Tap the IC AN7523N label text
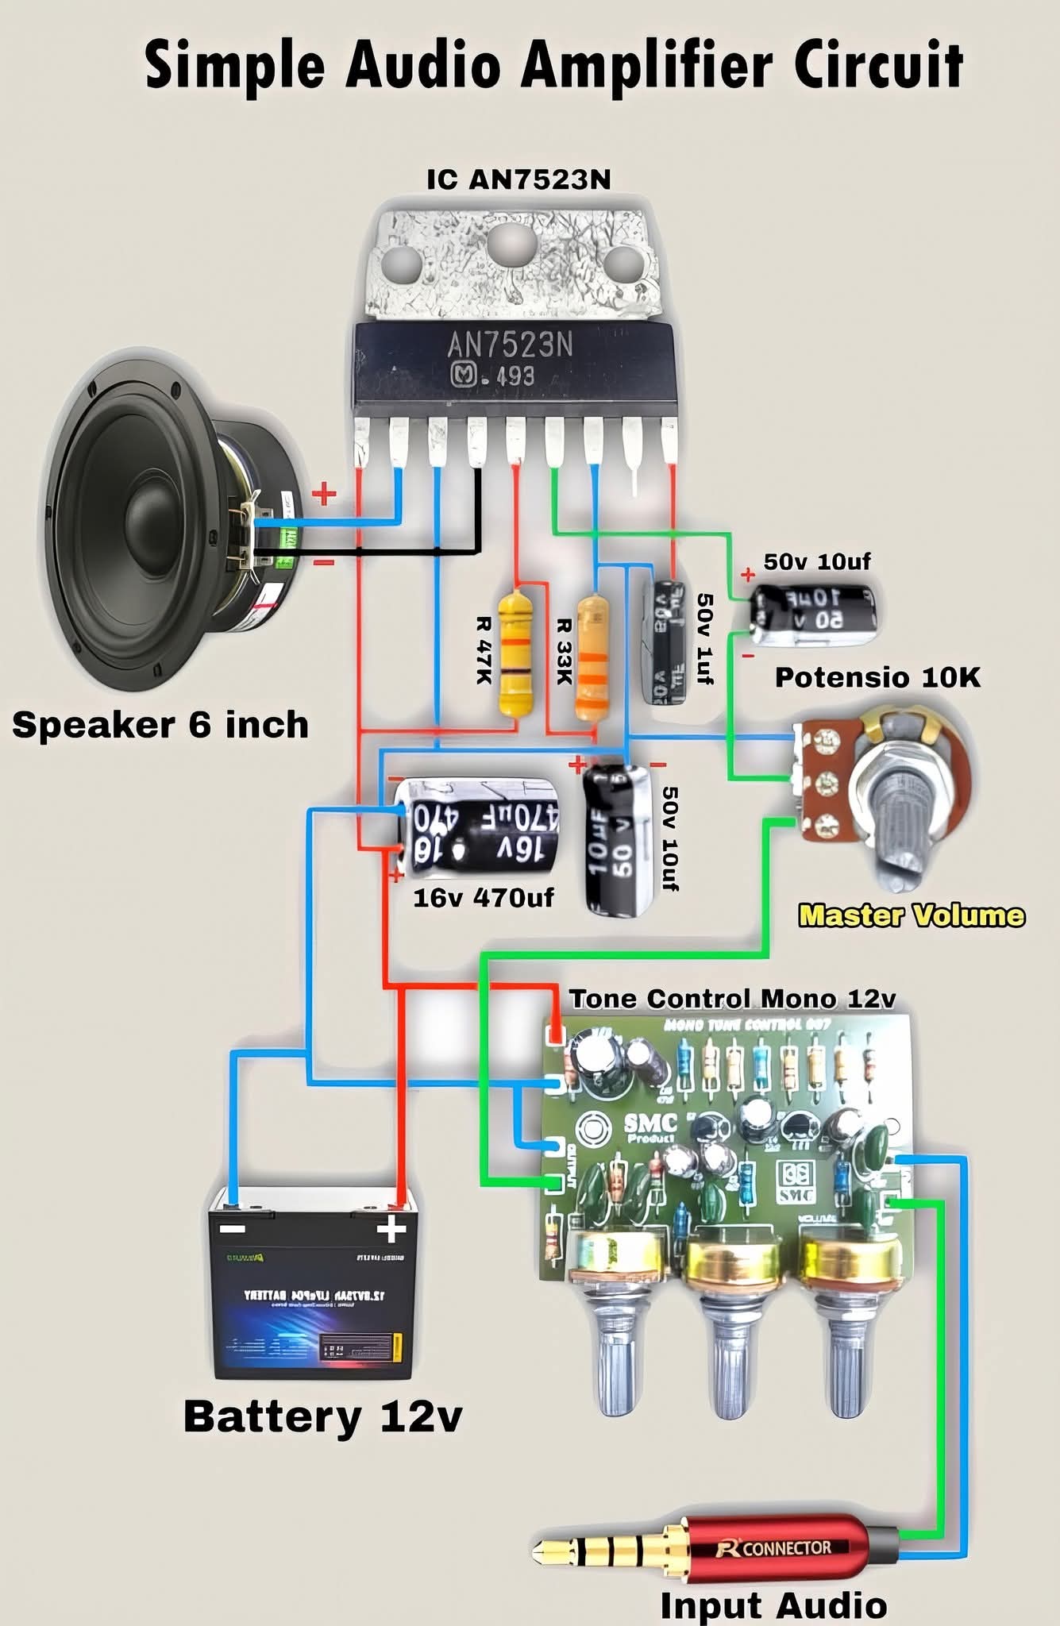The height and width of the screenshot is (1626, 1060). pyautogui.click(x=518, y=179)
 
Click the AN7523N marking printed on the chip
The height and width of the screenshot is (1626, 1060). pyautogui.click(x=510, y=345)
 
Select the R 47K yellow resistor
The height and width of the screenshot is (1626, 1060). pyautogui.click(x=515, y=653)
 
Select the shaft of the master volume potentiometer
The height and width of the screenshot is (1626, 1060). pyautogui.click(x=901, y=826)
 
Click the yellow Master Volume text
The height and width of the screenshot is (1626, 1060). pyautogui.click(x=911, y=915)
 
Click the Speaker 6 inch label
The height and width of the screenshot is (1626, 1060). pyautogui.click(x=160, y=725)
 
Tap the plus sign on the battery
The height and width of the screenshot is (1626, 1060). pyautogui.click(x=391, y=1230)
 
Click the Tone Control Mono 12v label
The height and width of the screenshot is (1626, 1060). pyautogui.click(x=732, y=999)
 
